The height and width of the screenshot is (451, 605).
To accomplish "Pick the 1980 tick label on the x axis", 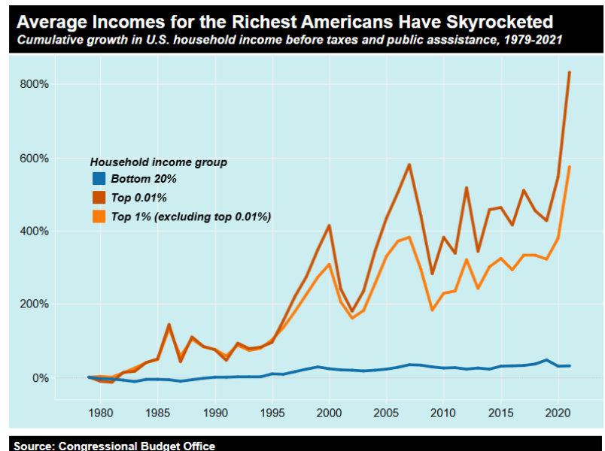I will point(100,413).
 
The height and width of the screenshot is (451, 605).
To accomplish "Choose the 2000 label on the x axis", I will point(329,413).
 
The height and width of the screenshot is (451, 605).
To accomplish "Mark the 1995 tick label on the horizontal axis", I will point(272,413).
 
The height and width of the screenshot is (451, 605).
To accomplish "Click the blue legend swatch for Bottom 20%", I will point(99,179).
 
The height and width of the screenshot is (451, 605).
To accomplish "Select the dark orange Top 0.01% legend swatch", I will point(99,198).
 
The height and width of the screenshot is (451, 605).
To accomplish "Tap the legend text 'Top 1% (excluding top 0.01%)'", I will point(190,216).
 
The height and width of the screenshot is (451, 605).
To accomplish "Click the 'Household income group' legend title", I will point(158,162).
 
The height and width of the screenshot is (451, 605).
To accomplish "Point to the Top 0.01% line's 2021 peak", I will point(570,72).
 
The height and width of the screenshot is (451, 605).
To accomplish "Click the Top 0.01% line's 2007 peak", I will point(409,165).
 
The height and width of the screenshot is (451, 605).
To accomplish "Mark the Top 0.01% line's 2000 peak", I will point(329,225).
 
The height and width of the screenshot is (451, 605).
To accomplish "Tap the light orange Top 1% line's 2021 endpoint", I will point(570,167).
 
